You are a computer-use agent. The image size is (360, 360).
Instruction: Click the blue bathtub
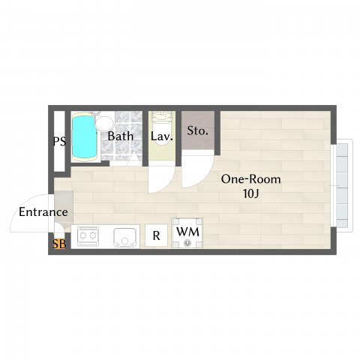point(84,137)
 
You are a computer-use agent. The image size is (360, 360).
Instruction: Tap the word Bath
point(120,136)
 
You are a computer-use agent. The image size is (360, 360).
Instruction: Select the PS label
point(58,141)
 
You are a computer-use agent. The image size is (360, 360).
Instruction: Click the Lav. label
point(161,136)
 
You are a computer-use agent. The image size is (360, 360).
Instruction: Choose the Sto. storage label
point(197,131)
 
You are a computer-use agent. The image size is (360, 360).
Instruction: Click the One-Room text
point(250,179)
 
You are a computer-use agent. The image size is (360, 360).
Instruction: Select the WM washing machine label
point(187,232)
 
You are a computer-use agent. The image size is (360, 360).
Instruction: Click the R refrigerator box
point(156,235)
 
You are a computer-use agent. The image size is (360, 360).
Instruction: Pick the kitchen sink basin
point(124,237)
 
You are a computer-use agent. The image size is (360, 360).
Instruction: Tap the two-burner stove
point(88,237)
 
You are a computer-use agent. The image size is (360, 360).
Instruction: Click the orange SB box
point(58,244)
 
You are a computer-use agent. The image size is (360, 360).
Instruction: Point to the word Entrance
point(43,212)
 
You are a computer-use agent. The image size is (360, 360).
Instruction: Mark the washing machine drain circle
point(187,243)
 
